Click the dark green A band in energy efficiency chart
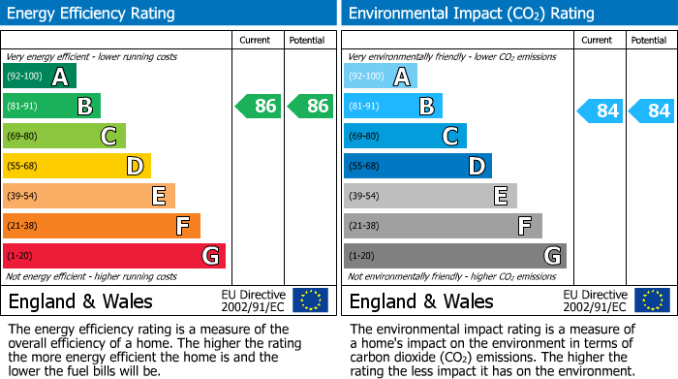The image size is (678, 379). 40,77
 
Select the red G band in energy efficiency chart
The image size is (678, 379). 114,256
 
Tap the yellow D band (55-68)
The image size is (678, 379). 77,167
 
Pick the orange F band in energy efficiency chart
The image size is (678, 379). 102,226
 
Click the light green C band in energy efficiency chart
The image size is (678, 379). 64,137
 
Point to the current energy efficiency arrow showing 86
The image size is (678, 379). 258,107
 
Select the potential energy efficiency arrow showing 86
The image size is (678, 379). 310,107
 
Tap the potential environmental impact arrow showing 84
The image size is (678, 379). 652,111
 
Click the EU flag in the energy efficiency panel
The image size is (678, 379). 310,300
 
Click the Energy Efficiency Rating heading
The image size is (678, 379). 92,14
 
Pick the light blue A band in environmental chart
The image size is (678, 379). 381,77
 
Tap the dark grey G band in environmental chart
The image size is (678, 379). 454,256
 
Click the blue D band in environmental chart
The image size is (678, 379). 417,167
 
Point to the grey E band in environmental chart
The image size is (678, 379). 430,196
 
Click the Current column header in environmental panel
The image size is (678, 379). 598,40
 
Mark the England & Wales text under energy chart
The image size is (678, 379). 80,301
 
